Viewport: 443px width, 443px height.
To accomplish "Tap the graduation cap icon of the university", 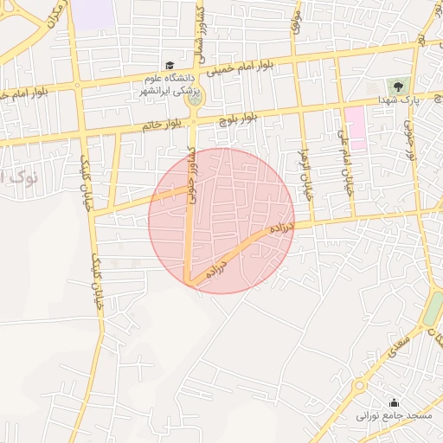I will pyautogui.click(x=170, y=65).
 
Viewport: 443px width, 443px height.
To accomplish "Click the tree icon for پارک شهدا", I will pyautogui.click(x=399, y=86).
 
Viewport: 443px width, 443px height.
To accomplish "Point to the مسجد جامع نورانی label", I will pyautogui.click(x=395, y=416).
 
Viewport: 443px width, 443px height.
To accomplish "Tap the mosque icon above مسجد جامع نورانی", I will pyautogui.click(x=395, y=402).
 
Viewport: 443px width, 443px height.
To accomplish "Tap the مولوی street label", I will pyautogui.click(x=296, y=22).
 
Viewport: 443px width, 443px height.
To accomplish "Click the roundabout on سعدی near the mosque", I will pyautogui.click(x=359, y=386).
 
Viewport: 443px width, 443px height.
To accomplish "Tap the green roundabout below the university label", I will pyautogui.click(x=193, y=99).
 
